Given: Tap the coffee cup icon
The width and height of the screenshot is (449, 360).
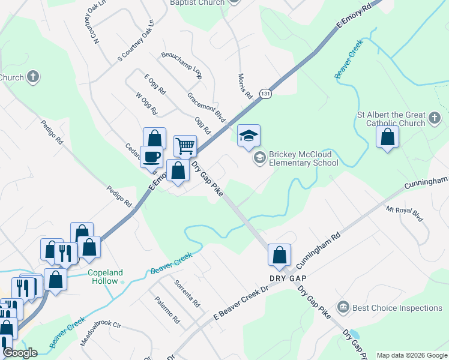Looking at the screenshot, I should [x=151, y=157].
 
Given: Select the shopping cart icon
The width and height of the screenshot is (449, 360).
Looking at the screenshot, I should [x=185, y=146].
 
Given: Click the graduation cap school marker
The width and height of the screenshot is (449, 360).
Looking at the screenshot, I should [x=249, y=136].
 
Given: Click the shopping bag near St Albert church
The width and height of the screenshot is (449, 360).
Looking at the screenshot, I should [x=387, y=137].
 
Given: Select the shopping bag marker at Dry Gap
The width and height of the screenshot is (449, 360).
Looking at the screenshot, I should [x=279, y=254].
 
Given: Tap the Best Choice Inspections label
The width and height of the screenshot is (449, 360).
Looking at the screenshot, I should [x=397, y=308].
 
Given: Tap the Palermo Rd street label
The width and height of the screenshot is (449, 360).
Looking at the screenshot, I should [x=167, y=310].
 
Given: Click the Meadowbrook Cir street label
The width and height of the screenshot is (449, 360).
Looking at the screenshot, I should [x=101, y=334].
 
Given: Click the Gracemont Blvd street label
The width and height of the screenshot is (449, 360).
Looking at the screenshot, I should [x=206, y=107].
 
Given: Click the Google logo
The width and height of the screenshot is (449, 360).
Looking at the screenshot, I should [x=20, y=353].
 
